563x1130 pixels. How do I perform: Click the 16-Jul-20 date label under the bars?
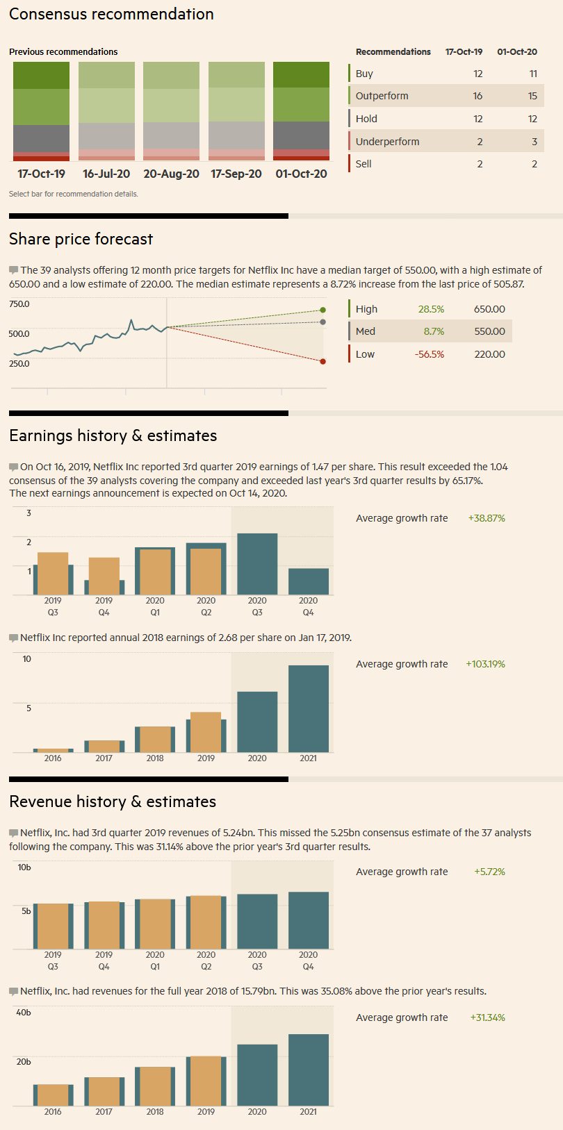pyautogui.click(x=106, y=174)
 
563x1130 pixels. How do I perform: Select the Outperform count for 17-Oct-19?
pyautogui.click(x=478, y=96)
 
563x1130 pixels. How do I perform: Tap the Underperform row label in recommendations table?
pyautogui.click(x=387, y=142)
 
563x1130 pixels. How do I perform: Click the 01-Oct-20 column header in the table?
pyautogui.click(x=516, y=52)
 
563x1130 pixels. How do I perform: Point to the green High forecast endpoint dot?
pyautogui.click(x=323, y=310)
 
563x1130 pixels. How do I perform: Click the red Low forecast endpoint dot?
pyautogui.click(x=323, y=361)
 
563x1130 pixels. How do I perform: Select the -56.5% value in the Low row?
pyautogui.click(x=429, y=354)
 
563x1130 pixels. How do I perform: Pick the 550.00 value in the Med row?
pyautogui.click(x=489, y=331)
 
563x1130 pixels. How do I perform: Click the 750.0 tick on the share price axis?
pyautogui.click(x=19, y=304)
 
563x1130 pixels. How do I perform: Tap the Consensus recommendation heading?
pyautogui.click(x=111, y=14)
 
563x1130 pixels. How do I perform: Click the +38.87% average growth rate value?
pyautogui.click(x=487, y=518)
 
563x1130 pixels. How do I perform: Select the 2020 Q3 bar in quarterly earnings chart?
pyautogui.click(x=257, y=564)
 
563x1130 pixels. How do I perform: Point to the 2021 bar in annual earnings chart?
pyautogui.click(x=308, y=708)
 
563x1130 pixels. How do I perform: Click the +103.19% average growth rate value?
pyautogui.click(x=485, y=664)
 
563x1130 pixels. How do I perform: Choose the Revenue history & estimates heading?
pyautogui.click(x=113, y=801)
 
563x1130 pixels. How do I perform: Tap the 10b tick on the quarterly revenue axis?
pyautogui.click(x=24, y=867)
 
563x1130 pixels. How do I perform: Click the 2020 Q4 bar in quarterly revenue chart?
pyautogui.click(x=308, y=920)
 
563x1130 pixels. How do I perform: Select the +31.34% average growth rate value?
pyautogui.click(x=487, y=1017)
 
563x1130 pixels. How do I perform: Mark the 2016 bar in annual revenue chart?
pyautogui.click(x=53, y=1095)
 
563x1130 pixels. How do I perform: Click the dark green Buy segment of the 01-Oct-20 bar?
pyautogui.click(x=301, y=75)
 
